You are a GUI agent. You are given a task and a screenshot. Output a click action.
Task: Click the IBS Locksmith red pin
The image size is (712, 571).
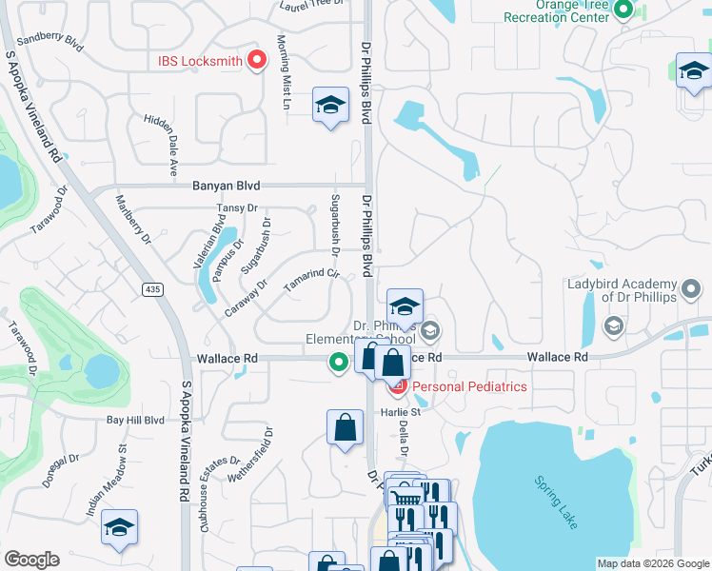256,61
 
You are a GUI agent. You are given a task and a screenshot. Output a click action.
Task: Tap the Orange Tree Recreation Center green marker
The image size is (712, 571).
623,10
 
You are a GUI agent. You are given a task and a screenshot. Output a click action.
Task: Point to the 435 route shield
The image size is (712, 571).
151,288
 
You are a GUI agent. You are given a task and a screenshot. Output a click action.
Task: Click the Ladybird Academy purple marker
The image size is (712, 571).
691,285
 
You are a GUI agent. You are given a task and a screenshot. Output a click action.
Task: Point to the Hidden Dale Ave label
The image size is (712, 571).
161,146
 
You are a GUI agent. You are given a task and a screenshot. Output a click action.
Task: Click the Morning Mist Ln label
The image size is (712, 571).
283,72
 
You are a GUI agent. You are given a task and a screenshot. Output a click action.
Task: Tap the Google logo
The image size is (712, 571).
31,560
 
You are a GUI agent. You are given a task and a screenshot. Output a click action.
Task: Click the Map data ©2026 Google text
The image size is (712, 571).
652,563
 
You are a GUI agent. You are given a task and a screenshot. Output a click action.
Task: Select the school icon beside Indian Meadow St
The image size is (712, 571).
120,528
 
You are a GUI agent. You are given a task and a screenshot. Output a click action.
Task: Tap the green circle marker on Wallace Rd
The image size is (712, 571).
338,362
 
